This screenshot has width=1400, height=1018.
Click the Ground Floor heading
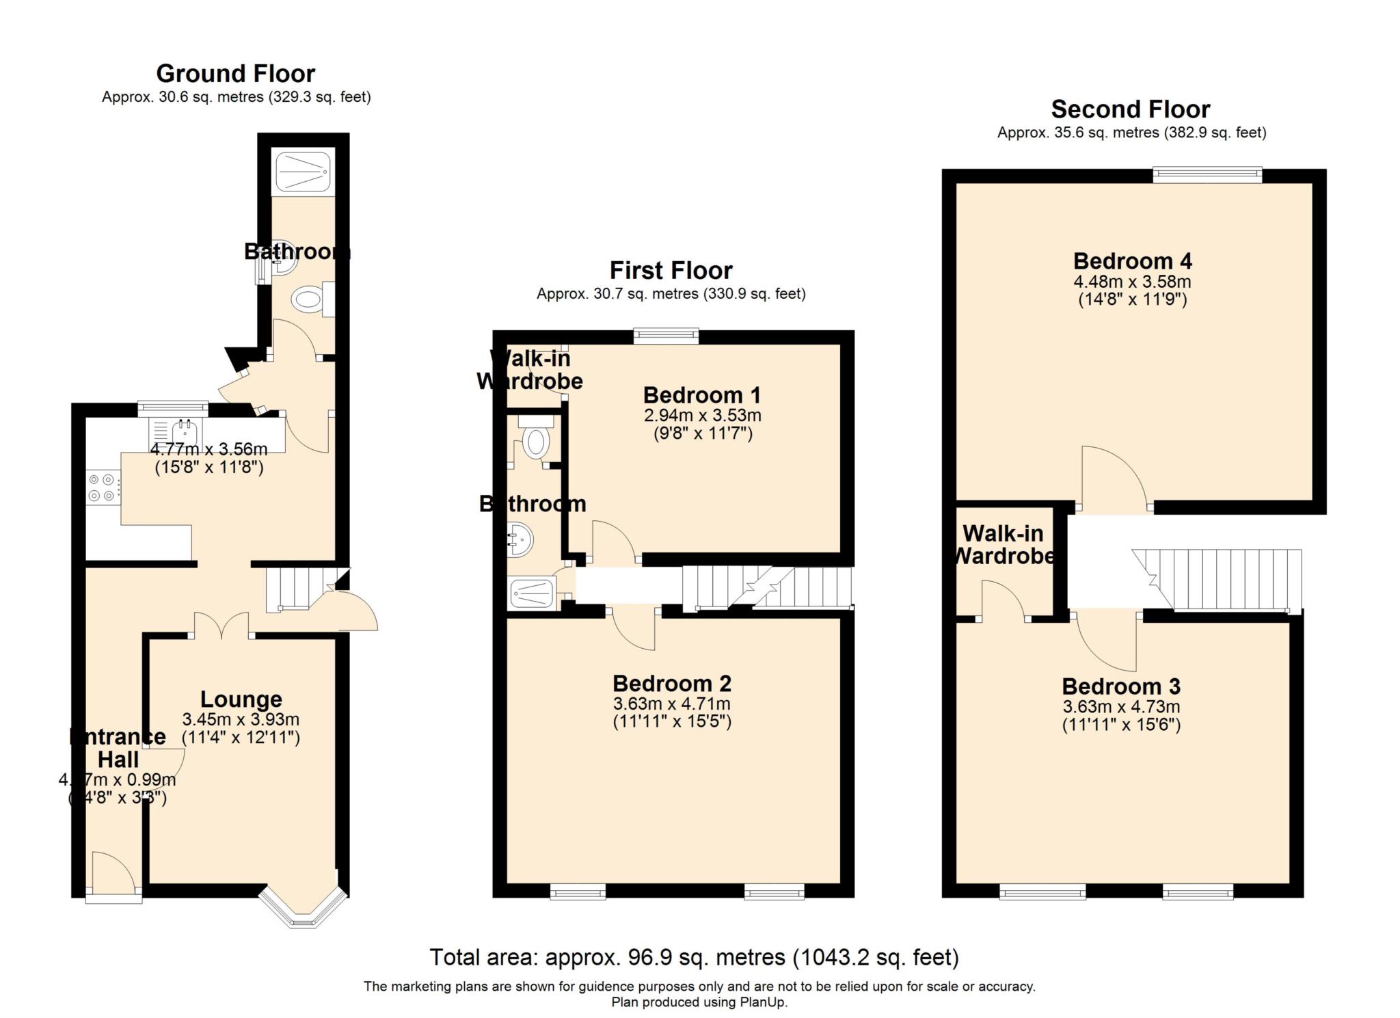coord(235,73)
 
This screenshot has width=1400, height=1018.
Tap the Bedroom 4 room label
coord(1132,261)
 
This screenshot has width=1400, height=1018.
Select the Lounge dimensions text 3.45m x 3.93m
coord(241,719)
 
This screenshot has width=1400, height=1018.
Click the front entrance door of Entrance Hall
coord(113,874)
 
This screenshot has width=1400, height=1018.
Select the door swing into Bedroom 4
coord(1113,479)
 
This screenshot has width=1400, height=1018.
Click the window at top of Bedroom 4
coord(1207,175)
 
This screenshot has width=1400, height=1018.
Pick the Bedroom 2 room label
coord(671,683)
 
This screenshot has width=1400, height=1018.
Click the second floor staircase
coord(1224,578)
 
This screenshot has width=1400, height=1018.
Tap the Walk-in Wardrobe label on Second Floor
coord(1003,544)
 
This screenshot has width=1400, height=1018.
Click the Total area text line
coord(694,957)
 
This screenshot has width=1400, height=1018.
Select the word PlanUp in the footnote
coord(763,1002)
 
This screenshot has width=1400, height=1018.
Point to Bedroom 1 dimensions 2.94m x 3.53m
coord(702,415)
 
